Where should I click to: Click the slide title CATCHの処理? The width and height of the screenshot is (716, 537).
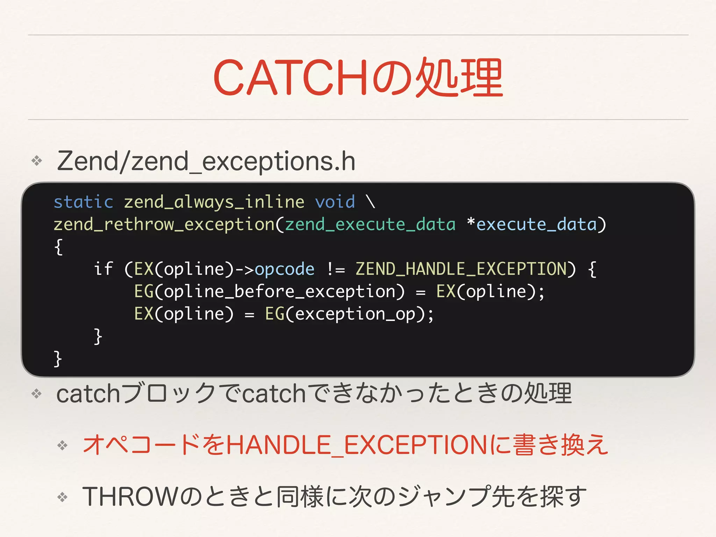358,78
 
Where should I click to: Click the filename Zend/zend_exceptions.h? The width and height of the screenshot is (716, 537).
206,161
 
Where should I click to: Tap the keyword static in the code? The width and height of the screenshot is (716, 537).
84,202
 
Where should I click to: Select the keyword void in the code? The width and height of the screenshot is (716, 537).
335,202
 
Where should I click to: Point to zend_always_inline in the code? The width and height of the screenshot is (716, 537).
214,202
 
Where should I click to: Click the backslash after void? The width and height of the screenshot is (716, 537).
370,202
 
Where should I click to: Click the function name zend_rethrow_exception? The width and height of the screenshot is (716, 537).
164,224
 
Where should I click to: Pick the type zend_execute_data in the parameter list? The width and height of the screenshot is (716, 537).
370,224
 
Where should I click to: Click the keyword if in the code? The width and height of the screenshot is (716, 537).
103,269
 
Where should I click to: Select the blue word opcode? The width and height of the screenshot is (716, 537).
284,269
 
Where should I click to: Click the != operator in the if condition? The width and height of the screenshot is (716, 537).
336,269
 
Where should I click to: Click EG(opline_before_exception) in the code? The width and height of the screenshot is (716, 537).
269,292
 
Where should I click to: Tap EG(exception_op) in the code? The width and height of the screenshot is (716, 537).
344,314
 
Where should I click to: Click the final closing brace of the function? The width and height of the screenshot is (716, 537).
58,359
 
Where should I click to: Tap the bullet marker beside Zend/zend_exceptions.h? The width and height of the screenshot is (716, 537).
37,161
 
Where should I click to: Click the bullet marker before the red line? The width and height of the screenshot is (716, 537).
63,445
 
